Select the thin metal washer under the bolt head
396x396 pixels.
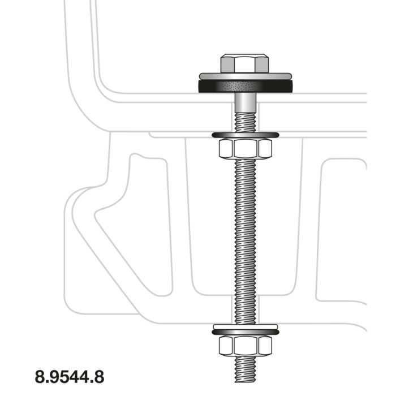[244, 75]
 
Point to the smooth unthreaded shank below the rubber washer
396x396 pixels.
[244, 103]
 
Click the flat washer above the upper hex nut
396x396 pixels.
[244, 135]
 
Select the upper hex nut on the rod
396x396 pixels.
[244, 149]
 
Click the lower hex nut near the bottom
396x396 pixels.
[244, 345]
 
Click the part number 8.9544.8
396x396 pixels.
[70, 376]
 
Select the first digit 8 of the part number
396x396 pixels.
[40, 376]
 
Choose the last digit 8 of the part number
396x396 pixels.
[99, 376]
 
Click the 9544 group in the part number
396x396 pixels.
[70, 376]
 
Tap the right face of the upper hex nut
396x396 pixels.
[264, 149]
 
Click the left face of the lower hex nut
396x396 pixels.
[225, 345]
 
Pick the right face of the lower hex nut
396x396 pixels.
[264, 345]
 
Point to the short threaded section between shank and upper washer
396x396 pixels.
[244, 122]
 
